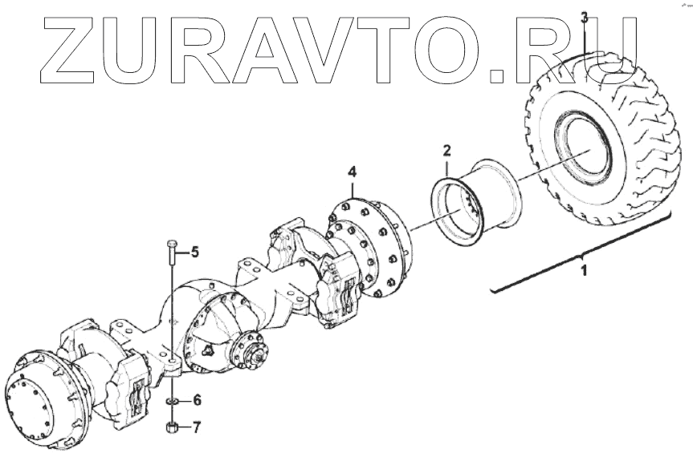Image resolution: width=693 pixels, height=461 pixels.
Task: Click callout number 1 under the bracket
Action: (584, 271)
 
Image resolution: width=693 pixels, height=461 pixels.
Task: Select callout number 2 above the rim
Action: (447, 149)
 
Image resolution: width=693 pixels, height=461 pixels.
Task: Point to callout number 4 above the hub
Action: (352, 172)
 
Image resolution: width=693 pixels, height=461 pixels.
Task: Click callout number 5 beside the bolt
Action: (194, 253)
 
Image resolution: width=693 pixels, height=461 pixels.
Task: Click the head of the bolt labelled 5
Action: (171, 243)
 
